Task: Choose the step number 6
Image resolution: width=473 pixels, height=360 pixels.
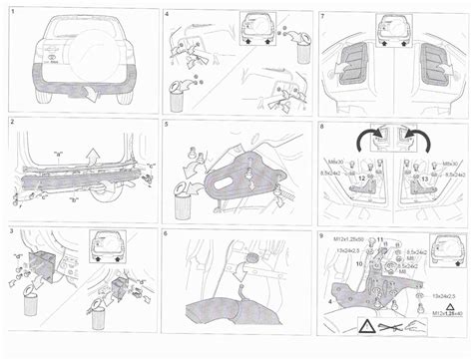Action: click(x=168, y=232)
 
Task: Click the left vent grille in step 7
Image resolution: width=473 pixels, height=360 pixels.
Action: click(x=353, y=66)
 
